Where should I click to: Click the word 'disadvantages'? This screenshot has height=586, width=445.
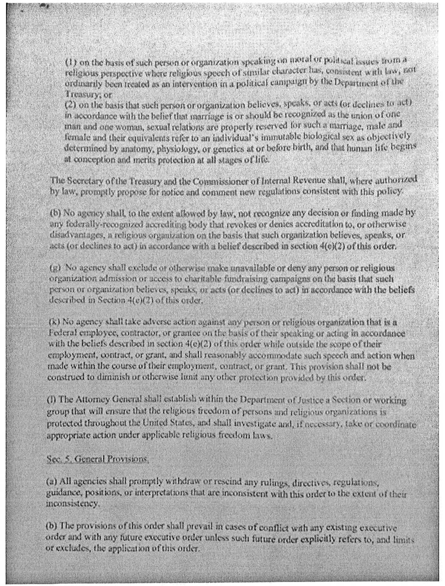coord(70,235)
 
